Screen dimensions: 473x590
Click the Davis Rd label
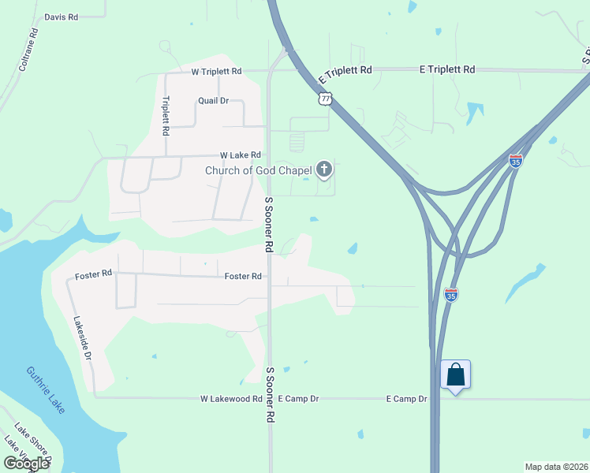62,17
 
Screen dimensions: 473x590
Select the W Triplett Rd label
216,72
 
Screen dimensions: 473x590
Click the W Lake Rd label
240,155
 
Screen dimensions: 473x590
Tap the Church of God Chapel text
259,169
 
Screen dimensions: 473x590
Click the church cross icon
323,169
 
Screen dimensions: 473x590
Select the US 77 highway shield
325,99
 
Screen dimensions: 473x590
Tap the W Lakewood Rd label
231,399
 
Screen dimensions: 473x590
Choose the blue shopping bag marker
456,374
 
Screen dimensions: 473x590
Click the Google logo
27,464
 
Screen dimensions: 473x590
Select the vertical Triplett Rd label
166,115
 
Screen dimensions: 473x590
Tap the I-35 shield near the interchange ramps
516,161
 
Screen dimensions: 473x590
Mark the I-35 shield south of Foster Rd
451,295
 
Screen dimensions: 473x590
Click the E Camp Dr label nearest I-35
406,399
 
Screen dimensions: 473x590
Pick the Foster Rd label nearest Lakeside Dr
94,274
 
